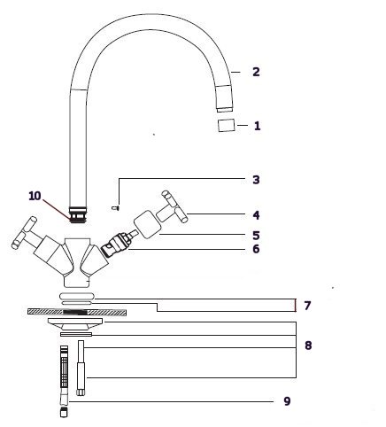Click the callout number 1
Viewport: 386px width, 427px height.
[x=257, y=126]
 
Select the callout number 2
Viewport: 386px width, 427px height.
[x=256, y=72]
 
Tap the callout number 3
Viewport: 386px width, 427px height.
[x=256, y=180]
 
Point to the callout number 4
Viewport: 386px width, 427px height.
[x=256, y=215]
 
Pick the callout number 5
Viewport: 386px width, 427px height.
[x=256, y=236]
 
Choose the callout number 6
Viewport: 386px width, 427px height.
[x=256, y=249]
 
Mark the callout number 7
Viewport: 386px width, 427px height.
[x=307, y=306]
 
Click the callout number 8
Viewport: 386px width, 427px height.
[x=308, y=345]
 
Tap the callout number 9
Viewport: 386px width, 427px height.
[x=287, y=400]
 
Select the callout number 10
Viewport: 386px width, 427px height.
[x=35, y=196]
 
